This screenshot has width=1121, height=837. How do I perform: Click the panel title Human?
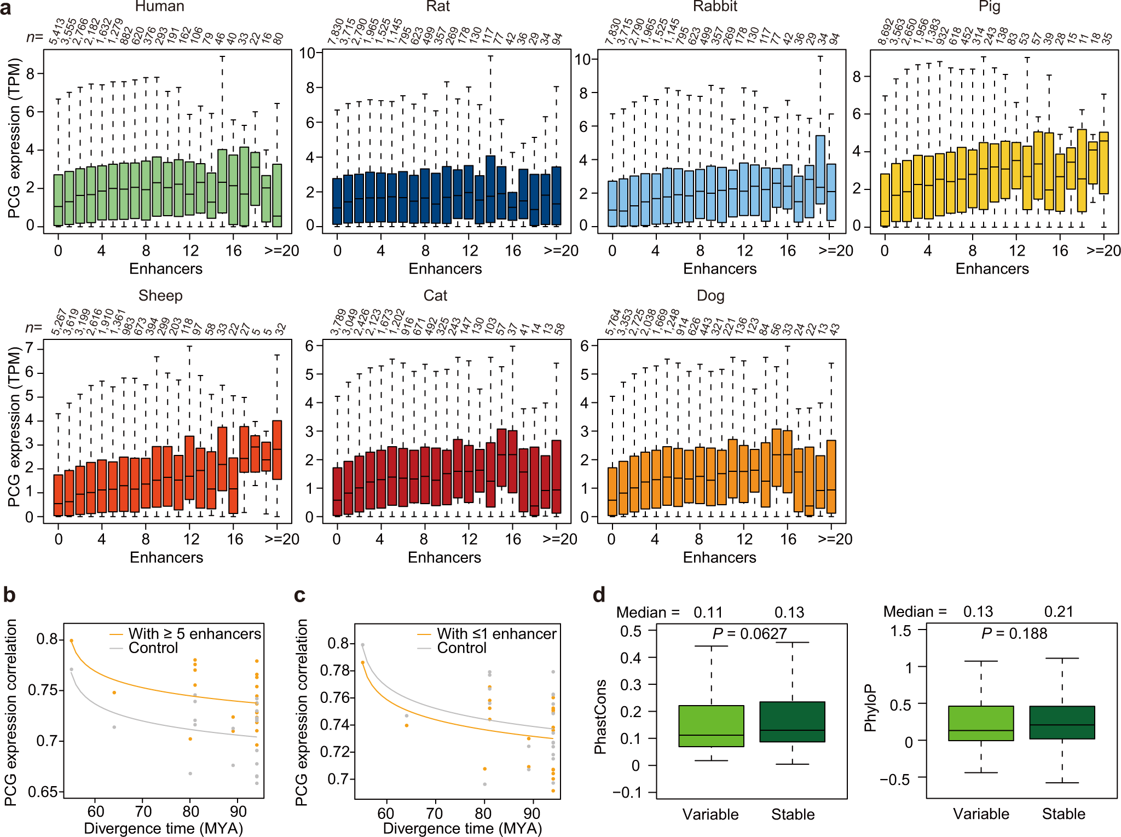click(x=159, y=7)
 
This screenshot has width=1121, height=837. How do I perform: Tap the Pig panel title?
click(x=989, y=7)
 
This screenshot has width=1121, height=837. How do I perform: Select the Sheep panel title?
click(x=160, y=296)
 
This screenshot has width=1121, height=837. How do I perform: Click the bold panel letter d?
click(x=599, y=594)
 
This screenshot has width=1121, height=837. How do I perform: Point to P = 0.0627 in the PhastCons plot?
click(x=749, y=634)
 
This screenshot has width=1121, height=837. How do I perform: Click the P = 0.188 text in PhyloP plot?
click(x=1014, y=633)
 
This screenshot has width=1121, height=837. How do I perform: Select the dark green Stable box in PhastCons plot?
click(x=792, y=721)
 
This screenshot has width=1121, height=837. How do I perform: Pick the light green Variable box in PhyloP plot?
click(x=980, y=723)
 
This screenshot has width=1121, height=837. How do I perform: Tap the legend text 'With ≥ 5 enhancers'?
click(x=194, y=634)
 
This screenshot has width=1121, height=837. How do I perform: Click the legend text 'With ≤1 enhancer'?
click(x=496, y=634)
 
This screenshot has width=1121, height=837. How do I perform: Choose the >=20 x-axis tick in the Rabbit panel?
click(x=835, y=251)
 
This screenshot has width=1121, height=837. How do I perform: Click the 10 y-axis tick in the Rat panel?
click(x=307, y=53)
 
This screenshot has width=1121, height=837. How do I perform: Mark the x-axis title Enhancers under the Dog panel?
click(x=719, y=557)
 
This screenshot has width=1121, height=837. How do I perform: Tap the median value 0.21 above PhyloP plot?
click(x=1059, y=611)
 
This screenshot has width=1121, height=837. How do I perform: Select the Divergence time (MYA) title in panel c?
click(x=462, y=828)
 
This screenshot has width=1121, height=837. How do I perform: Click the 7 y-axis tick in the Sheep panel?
click(x=30, y=349)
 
